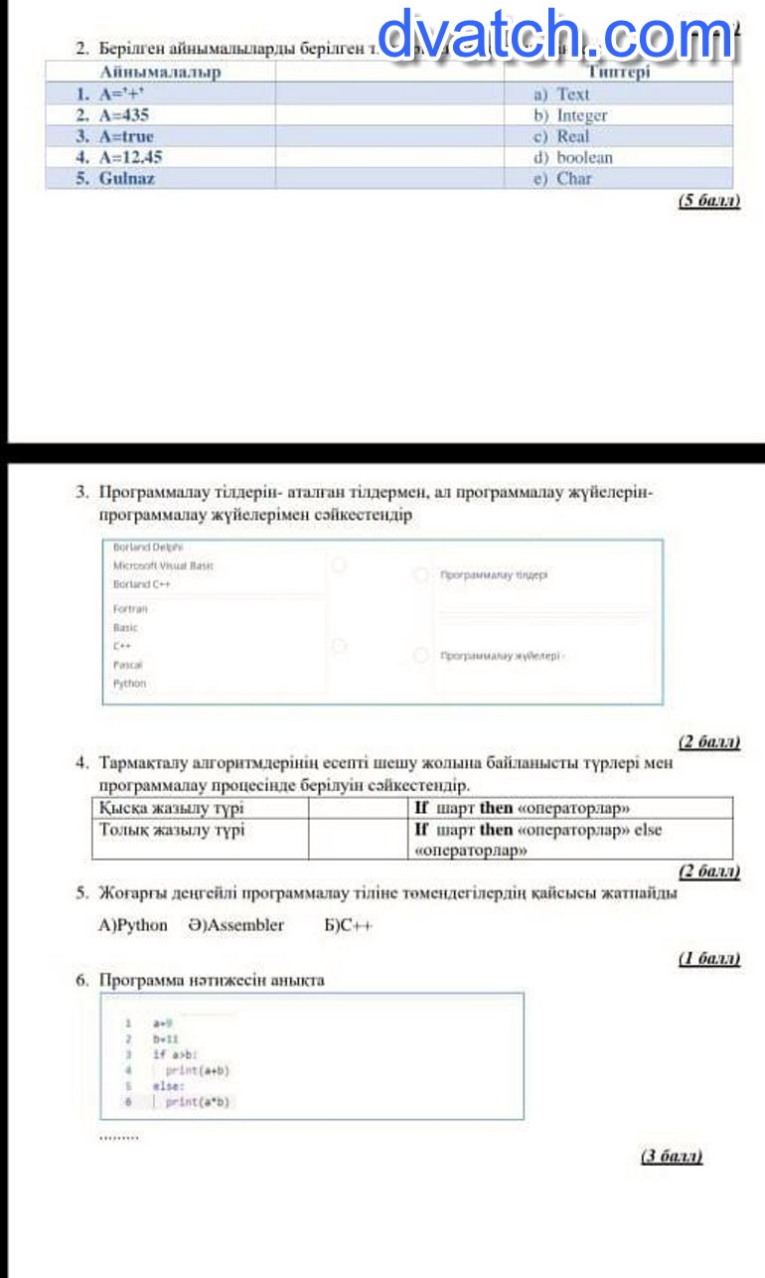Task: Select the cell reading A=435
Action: (120, 115)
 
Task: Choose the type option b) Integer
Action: (570, 115)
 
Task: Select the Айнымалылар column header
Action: (161, 73)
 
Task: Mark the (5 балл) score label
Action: (708, 201)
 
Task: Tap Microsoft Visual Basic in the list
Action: (163, 565)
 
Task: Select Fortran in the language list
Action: (130, 608)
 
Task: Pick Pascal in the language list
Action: (127, 664)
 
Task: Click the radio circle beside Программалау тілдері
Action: (421, 575)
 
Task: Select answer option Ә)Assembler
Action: (235, 925)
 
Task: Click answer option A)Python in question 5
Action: (133, 925)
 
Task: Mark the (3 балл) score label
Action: (672, 1156)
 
